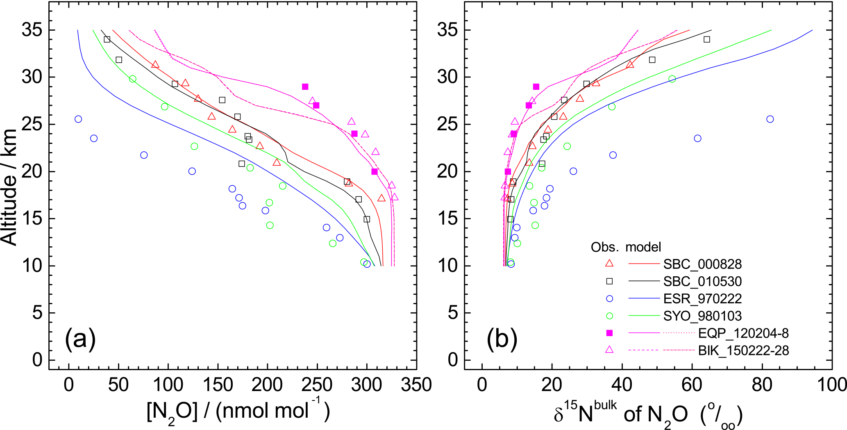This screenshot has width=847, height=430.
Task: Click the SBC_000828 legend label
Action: click(x=702, y=264)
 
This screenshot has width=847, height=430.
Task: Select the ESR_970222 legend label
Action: click(x=702, y=298)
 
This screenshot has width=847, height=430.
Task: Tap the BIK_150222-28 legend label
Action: click(x=743, y=350)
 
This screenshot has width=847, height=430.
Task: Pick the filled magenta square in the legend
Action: click(x=609, y=333)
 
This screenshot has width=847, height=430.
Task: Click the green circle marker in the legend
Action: click(x=609, y=316)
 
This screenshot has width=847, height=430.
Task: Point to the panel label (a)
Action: click(x=80, y=339)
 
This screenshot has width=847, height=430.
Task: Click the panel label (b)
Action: click(x=502, y=339)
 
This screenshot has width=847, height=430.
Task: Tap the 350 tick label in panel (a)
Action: click(x=416, y=385)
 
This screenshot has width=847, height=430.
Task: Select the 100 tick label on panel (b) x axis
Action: click(x=832, y=385)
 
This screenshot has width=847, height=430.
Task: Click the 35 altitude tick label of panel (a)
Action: click(x=32, y=30)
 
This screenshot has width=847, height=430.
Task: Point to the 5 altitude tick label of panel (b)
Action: click(x=447, y=313)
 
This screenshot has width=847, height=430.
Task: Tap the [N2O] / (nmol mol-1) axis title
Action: click(x=238, y=411)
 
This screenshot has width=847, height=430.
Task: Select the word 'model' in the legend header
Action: click(x=643, y=247)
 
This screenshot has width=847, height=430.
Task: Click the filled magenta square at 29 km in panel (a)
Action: click(x=305, y=86)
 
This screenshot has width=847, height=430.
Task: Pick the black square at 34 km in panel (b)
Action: click(x=707, y=39)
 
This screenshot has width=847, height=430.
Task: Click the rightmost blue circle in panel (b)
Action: click(x=770, y=119)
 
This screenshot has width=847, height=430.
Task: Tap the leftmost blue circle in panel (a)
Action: click(x=78, y=119)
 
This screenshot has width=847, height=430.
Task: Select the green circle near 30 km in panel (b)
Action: click(x=672, y=79)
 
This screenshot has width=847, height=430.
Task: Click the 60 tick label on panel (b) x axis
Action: click(x=692, y=385)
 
